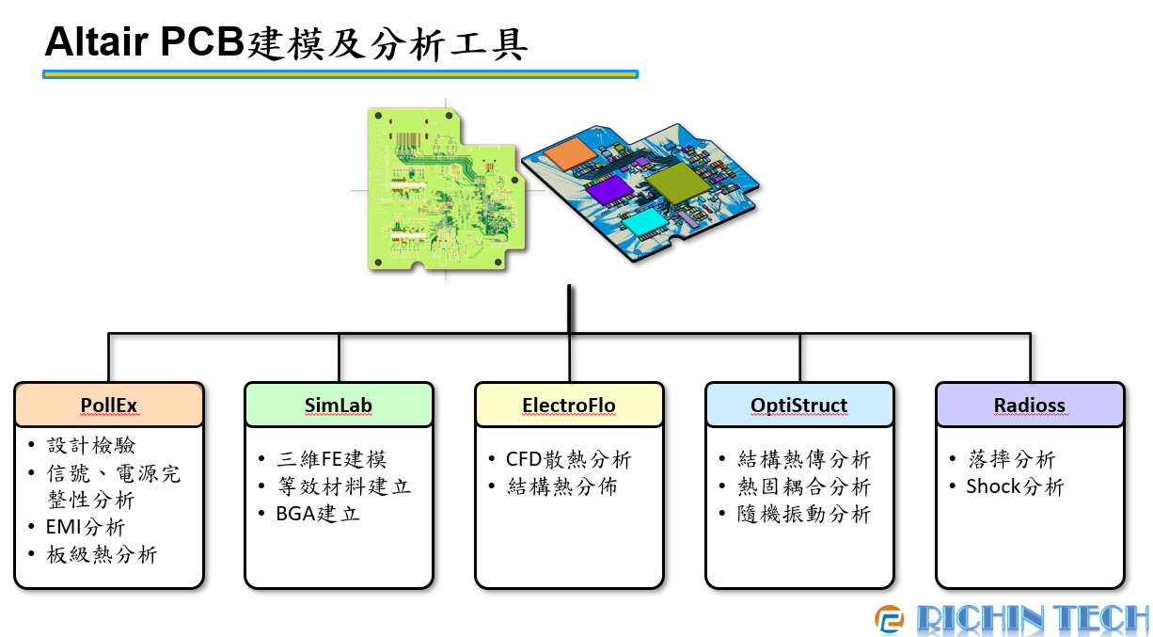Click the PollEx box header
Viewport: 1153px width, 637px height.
point(109,406)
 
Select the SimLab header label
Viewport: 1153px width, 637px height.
point(339,406)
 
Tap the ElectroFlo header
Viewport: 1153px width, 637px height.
point(569,406)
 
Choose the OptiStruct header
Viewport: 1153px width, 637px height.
point(799,406)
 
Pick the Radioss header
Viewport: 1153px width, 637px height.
point(1030,406)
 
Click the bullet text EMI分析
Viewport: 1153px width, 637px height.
point(86,527)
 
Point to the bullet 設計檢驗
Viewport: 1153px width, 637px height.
point(91,445)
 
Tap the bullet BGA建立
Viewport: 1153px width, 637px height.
point(318,514)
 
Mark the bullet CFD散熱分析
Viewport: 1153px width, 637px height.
point(568,459)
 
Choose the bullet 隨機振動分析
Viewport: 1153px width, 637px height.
point(804,514)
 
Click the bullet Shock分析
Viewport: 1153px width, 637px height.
point(1015,486)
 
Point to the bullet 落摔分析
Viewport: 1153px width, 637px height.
point(1011,459)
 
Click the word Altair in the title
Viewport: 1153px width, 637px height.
point(94,41)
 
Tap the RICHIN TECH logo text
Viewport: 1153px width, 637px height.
point(1032,618)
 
